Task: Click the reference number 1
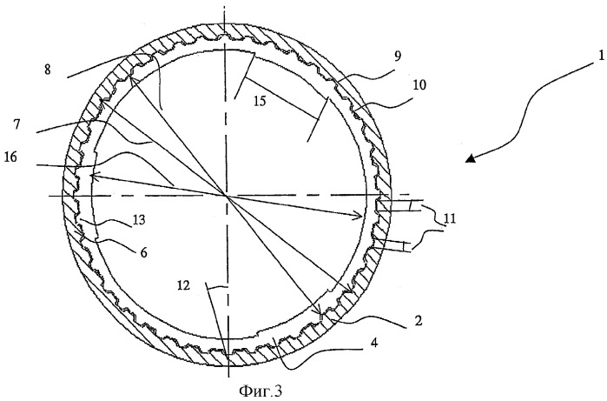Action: click(x=601, y=57)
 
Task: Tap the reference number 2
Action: click(x=418, y=321)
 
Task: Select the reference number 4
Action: click(x=373, y=343)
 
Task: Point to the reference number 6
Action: click(x=143, y=253)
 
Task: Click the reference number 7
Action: click(x=17, y=125)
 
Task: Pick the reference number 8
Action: click(x=47, y=70)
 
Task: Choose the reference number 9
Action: click(x=398, y=57)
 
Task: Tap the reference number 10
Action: click(x=419, y=85)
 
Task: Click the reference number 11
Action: click(x=449, y=218)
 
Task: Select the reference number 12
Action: click(x=184, y=286)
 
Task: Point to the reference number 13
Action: click(x=138, y=219)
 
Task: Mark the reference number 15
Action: click(x=261, y=101)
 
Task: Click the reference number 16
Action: click(x=10, y=157)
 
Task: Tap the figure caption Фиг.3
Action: click(x=261, y=391)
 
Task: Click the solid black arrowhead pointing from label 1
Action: click(x=471, y=157)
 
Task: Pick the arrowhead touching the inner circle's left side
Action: click(x=95, y=176)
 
